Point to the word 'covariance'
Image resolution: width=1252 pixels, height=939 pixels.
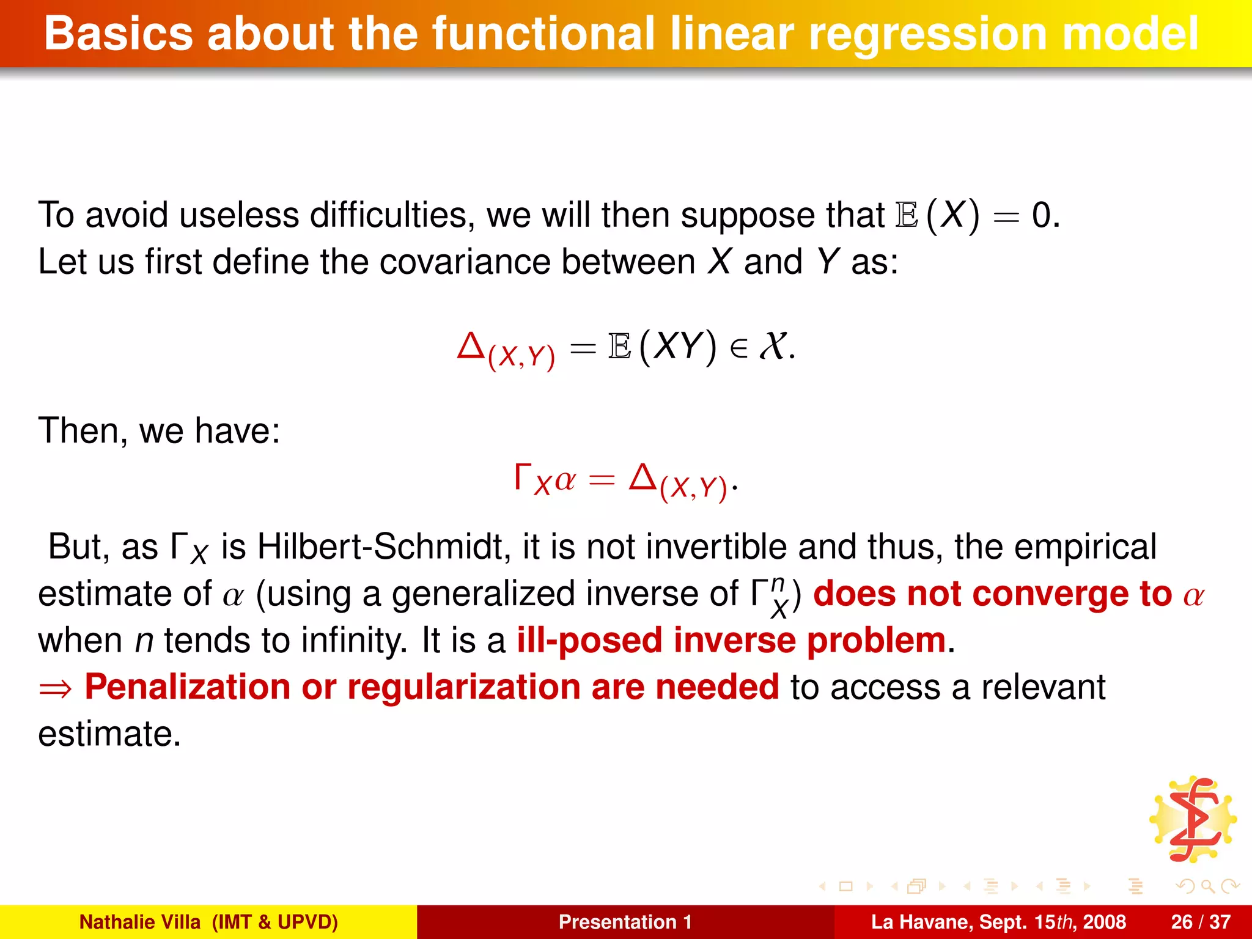pos(465,262)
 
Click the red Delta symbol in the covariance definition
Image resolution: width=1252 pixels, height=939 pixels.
pos(471,345)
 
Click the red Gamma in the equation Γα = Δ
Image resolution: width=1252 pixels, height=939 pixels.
pos(522,476)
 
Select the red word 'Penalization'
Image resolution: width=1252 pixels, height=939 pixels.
pos(187,687)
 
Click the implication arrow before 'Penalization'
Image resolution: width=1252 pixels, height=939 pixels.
pos(56,690)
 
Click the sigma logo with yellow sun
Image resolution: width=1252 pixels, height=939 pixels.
pos(1193,819)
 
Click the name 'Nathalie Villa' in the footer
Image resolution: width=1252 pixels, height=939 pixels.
pos(140,922)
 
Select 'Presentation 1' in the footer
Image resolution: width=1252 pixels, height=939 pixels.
pos(625,922)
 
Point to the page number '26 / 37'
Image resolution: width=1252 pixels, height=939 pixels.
pos(1201,922)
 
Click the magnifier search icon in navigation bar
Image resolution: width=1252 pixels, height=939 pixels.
pos(1207,886)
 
